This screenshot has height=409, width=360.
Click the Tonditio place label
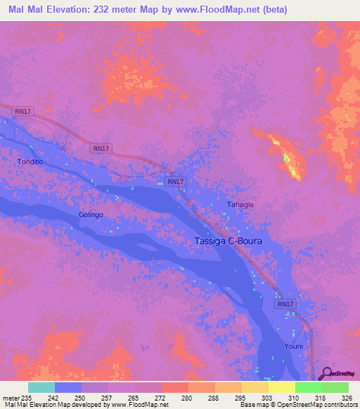[x=30, y=162]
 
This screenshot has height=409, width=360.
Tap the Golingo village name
[x=91, y=214]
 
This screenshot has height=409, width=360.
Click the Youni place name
[x=294, y=346]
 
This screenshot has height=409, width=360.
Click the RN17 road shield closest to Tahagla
[x=176, y=181]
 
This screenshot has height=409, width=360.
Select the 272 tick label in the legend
[x=160, y=398]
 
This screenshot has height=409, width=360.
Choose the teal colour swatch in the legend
[x=41, y=387]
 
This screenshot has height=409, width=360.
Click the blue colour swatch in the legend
[x=67, y=387]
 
